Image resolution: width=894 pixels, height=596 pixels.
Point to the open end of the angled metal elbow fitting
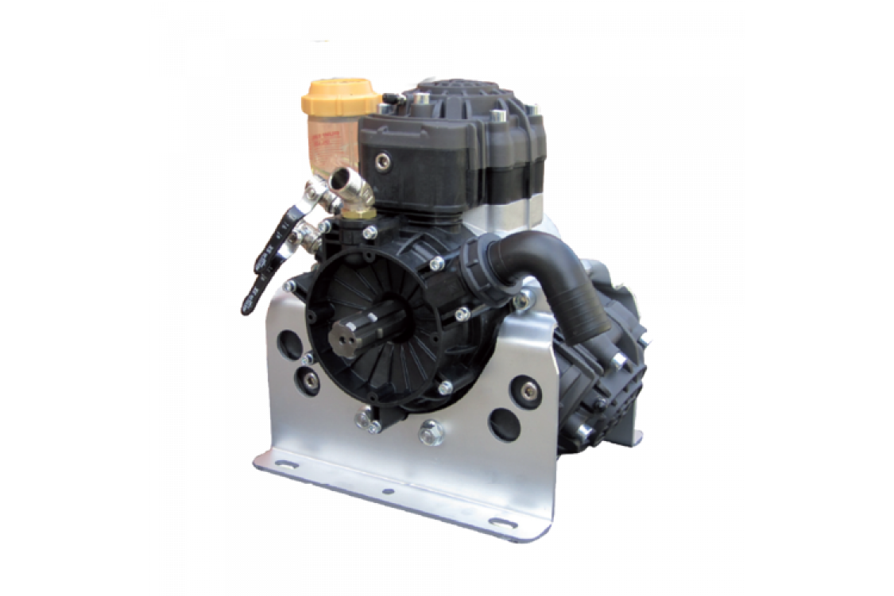(346, 178)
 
